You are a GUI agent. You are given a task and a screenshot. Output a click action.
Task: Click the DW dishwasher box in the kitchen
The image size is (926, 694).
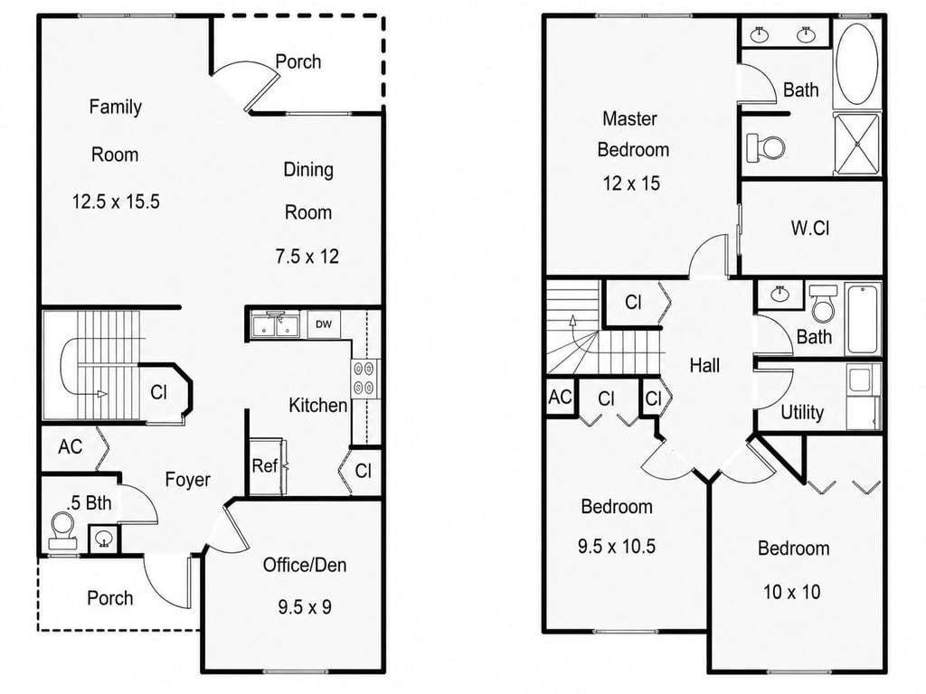324,324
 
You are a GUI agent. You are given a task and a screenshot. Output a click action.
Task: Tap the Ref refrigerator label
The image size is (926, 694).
264,465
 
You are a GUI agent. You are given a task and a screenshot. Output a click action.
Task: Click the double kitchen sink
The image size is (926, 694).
275,325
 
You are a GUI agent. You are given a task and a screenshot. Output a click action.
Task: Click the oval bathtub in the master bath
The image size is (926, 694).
857,64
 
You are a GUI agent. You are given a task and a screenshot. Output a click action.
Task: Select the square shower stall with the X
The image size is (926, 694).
857,144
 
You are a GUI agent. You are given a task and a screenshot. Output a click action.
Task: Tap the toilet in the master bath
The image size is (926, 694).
766,146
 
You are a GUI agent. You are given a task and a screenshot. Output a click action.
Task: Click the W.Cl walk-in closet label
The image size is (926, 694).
810,228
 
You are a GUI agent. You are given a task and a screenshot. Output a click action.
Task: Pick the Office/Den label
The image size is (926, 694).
305,565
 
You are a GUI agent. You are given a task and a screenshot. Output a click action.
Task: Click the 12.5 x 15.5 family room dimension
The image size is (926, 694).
116,202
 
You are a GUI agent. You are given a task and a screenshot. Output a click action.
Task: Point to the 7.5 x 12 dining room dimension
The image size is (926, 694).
307,256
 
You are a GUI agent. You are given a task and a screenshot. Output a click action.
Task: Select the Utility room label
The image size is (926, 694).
802,412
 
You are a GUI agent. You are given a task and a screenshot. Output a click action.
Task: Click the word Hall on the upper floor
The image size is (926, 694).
704,365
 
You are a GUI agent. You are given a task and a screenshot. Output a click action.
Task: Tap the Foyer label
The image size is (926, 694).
188,480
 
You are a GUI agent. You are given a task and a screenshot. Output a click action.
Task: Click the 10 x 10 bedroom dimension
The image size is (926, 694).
792,591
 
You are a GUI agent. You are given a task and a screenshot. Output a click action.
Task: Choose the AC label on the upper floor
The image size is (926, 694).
560,397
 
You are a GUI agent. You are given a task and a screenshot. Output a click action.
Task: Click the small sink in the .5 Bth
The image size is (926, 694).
104,539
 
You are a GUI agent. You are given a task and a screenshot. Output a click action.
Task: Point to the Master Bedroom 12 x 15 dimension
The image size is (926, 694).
631,183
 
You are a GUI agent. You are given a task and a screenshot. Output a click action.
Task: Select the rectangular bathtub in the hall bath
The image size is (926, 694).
863,319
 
